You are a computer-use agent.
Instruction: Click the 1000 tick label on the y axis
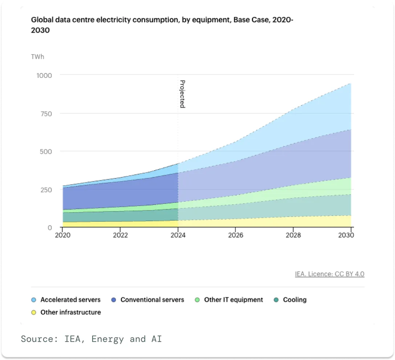click(44, 75)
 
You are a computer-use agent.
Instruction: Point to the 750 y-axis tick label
click(46, 114)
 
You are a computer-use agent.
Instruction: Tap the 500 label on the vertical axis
click(46, 152)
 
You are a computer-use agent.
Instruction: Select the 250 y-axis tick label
click(46, 190)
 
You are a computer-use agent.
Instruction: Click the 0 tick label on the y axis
click(50, 228)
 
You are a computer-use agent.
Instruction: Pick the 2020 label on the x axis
click(63, 235)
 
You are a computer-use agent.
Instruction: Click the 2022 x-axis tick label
click(120, 235)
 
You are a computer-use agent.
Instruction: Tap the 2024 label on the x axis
click(178, 235)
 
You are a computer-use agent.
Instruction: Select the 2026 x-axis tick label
click(236, 235)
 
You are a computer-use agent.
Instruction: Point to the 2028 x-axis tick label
click(293, 235)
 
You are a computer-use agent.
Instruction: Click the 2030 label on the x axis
click(346, 235)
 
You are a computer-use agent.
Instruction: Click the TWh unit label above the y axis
click(38, 57)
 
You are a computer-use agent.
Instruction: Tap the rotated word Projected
click(182, 94)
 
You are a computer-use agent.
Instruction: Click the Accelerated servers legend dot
click(34, 300)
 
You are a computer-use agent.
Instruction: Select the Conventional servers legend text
click(152, 300)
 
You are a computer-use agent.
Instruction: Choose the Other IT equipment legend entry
click(229, 300)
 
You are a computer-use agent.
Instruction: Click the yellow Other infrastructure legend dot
click(34, 313)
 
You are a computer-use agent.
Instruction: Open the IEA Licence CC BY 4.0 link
click(329, 274)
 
